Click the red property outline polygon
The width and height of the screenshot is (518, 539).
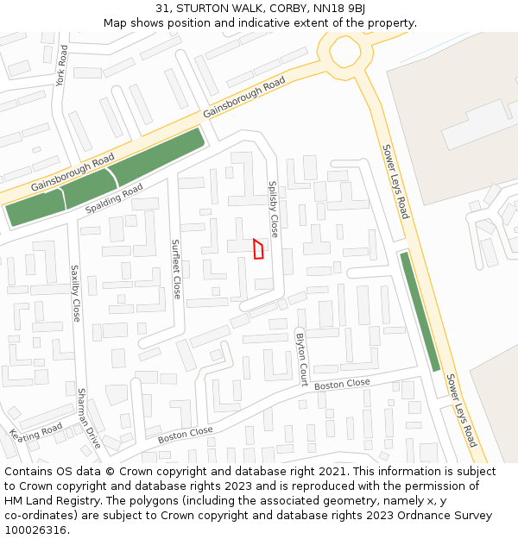coord(257,249)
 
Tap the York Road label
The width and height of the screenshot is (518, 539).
coord(61,66)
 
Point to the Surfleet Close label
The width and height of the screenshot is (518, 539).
coord(176,268)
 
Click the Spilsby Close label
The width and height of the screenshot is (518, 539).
coord(274,209)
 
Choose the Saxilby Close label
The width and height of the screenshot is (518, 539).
coord(75,293)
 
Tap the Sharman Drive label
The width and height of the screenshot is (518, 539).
coord(89,418)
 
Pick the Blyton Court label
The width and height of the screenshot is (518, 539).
coord(302,359)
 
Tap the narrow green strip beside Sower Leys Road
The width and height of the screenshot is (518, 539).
coord(420,311)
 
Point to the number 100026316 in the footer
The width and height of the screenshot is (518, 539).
coord(35,530)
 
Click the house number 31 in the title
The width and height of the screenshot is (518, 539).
coord(163,9)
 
